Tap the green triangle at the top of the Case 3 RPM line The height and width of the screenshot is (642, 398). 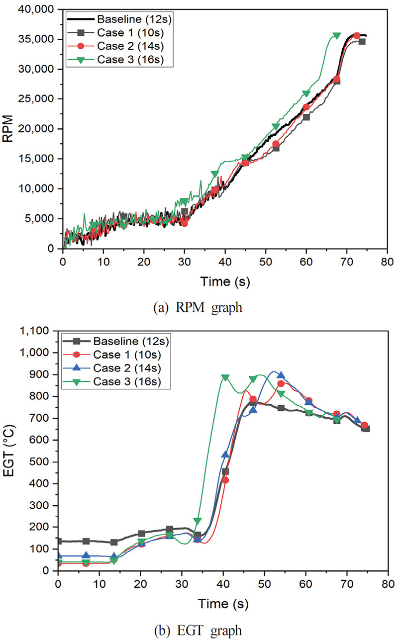[x=336, y=36]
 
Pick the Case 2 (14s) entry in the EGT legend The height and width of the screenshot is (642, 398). [x=124, y=369]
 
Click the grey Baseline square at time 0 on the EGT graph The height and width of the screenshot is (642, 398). [x=59, y=541]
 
